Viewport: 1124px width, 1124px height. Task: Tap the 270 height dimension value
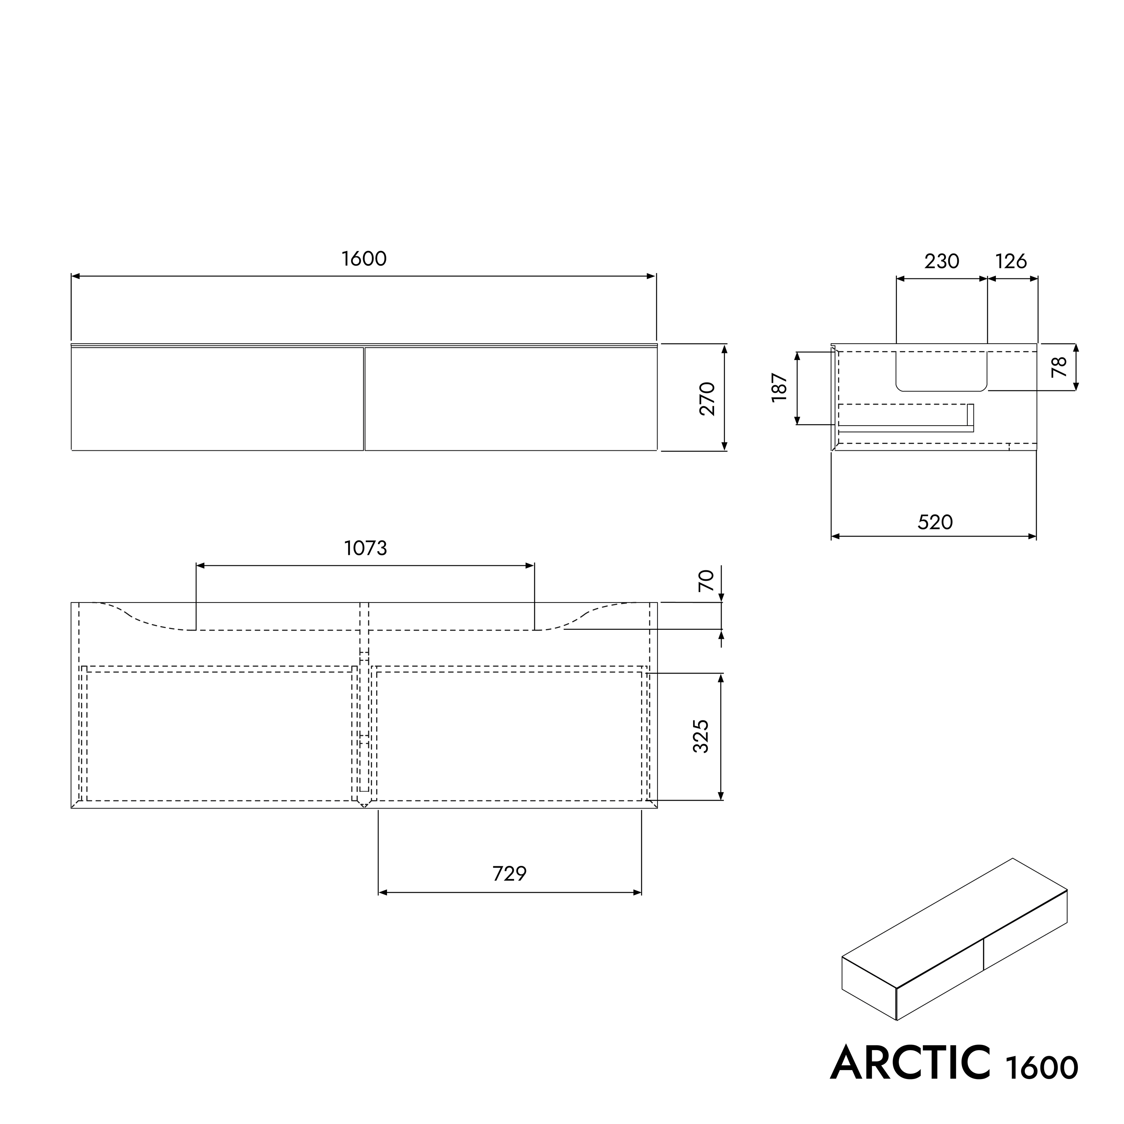pos(707,399)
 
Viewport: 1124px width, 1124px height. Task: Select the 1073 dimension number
pos(365,548)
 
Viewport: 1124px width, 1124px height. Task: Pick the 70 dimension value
pos(706,581)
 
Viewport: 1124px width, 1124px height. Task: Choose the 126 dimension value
pos(1011,261)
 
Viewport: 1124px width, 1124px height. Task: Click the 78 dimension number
pos(1060,366)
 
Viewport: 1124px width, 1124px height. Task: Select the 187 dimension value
pos(779,387)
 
